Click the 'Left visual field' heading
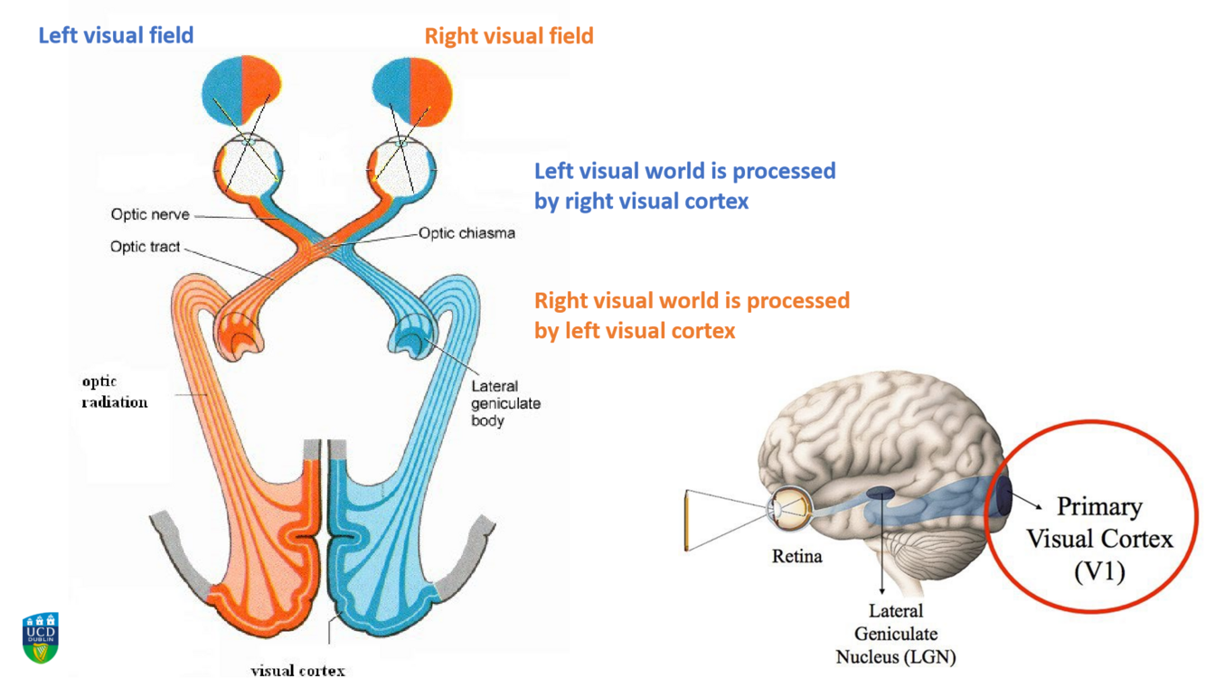pyautogui.click(x=116, y=36)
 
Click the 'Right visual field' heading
pyautogui.click(x=509, y=36)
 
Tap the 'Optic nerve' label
pyautogui.click(x=150, y=214)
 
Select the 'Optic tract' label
pyautogui.click(x=145, y=247)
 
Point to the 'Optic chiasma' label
pyautogui.click(x=466, y=233)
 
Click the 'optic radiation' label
pyautogui.click(x=114, y=392)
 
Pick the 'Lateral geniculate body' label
pyautogui.click(x=504, y=403)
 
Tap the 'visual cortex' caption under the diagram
pyautogui.click(x=297, y=670)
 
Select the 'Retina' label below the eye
pyautogui.click(x=796, y=556)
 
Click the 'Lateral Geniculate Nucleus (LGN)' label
pyautogui.click(x=895, y=634)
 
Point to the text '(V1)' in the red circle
pyautogui.click(x=1099, y=571)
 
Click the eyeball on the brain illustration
pyautogui.click(x=789, y=509)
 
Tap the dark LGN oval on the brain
pyautogui.click(x=881, y=494)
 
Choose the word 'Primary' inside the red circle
pyautogui.click(x=1099, y=506)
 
